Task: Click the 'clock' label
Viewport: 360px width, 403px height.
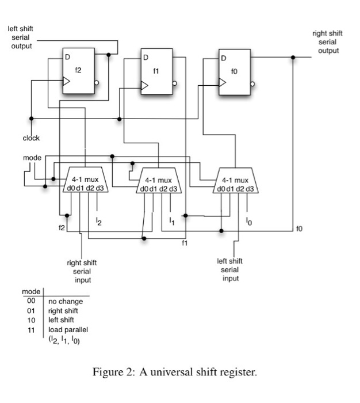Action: coord(31,138)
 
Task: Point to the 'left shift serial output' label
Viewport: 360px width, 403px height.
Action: coord(20,37)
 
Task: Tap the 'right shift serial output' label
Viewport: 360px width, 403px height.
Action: coord(327,42)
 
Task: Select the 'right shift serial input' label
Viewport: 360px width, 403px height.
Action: coord(82,271)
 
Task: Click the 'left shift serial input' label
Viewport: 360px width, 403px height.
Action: coord(230,269)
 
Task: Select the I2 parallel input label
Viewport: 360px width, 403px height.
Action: coord(98,223)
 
